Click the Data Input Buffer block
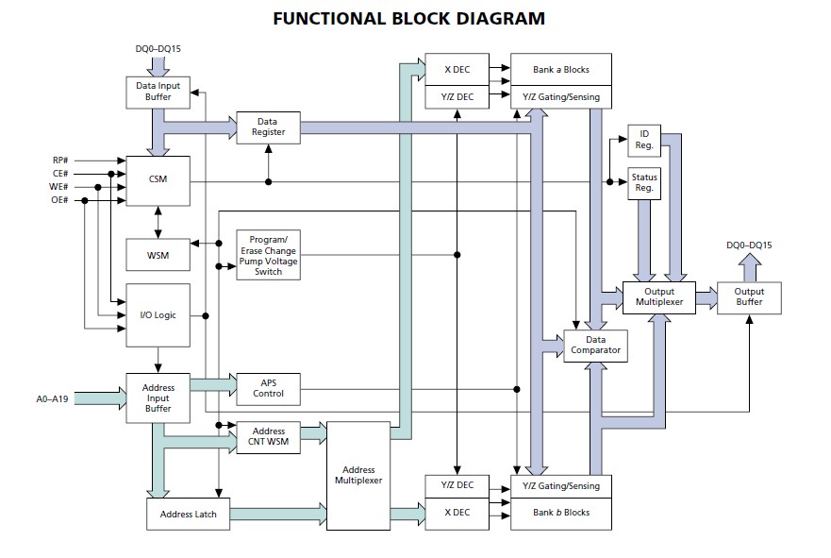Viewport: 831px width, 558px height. pos(158,92)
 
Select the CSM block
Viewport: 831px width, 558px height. pos(158,179)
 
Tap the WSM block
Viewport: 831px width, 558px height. pos(158,254)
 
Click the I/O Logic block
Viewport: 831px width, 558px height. pos(158,315)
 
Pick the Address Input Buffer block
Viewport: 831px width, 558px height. pos(158,397)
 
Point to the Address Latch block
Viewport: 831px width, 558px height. pos(188,514)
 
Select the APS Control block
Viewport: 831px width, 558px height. pos(268,387)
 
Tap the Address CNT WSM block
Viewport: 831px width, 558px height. pos(268,437)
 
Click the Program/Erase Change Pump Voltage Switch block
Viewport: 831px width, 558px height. pos(268,255)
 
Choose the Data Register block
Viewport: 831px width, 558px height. pos(268,128)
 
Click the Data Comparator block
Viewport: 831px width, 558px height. pos(595,346)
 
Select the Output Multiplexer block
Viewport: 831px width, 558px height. pos(658,297)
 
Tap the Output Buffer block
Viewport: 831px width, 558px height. pos(749,297)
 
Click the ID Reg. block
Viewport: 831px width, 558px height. pos(644,140)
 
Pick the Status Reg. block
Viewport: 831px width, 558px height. pos(644,183)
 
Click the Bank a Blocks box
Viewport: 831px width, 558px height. pos(561,69)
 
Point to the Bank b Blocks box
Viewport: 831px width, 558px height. pos(561,513)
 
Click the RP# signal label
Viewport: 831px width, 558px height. pos(59,161)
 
